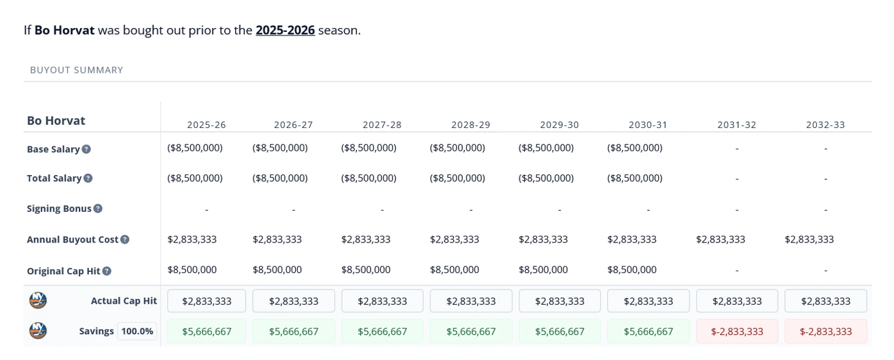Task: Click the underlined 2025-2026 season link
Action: pos(285,30)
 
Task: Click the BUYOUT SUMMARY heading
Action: pos(77,70)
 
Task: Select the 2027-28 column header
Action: pos(382,125)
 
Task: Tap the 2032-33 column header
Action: pos(825,125)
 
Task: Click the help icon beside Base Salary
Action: pos(86,149)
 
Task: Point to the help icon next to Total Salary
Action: pos(88,178)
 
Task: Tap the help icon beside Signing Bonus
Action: pos(98,209)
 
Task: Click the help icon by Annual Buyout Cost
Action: pos(125,239)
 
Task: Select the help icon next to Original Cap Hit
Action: pos(107,271)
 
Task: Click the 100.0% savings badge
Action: pos(137,331)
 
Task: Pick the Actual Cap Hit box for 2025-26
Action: pos(206,301)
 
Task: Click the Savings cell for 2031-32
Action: pos(737,331)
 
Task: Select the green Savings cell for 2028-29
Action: pos(470,331)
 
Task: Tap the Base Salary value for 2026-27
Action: pos(280,148)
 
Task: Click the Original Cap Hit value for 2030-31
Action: pos(632,269)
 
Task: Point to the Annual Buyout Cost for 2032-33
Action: pos(809,239)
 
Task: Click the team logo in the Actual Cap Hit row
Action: pos(38,301)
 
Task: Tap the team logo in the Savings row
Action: pos(38,331)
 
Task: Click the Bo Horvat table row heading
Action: pos(56,121)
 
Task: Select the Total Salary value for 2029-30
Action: pos(546,178)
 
